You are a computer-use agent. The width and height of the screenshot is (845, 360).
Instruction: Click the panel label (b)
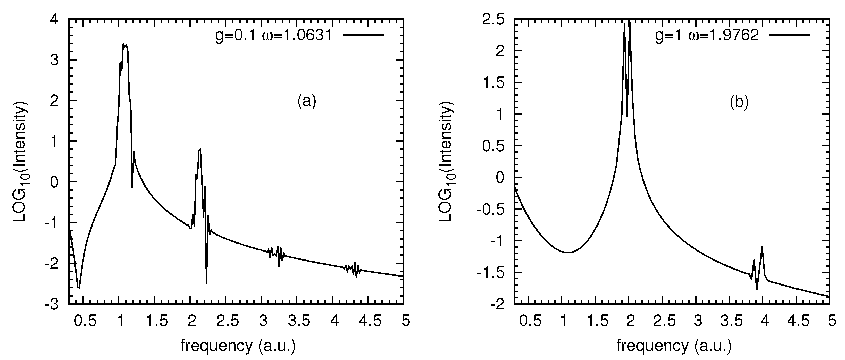click(x=739, y=102)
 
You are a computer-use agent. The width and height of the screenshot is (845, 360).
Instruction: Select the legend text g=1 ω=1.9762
click(x=707, y=35)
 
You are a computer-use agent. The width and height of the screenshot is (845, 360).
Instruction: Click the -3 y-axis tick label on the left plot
click(x=52, y=304)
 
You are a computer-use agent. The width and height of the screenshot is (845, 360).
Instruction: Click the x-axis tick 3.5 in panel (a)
click(x=299, y=321)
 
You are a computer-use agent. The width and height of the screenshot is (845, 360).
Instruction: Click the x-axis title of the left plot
click(x=238, y=346)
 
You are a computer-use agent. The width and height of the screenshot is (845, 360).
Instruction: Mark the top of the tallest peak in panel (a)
click(x=123, y=44)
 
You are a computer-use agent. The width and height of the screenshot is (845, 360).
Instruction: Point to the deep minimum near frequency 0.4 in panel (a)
click(x=78, y=288)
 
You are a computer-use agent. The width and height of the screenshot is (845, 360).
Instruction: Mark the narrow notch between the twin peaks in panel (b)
click(x=627, y=116)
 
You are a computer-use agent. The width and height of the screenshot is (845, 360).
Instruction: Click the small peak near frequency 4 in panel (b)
click(x=762, y=247)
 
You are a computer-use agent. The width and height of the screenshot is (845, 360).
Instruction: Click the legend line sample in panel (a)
click(x=363, y=35)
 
